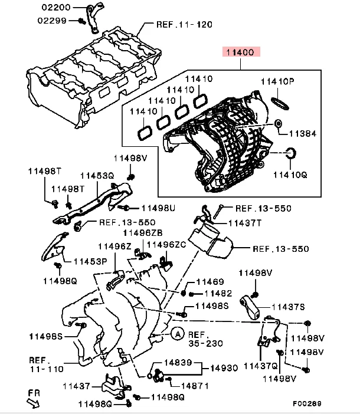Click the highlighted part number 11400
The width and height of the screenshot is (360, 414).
tap(241, 52)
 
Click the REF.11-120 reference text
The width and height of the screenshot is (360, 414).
tap(184, 25)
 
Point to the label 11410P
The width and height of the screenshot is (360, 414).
tap(280, 81)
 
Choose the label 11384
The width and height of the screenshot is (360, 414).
tap(302, 134)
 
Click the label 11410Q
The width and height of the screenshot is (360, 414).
tap(290, 175)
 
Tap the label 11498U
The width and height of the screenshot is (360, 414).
tap(158, 208)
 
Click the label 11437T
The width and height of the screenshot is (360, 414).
tap(244, 224)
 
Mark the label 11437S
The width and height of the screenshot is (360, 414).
tap(288, 307)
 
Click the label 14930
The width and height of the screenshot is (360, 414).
tap(224, 368)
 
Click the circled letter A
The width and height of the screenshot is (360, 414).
tap(176, 334)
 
